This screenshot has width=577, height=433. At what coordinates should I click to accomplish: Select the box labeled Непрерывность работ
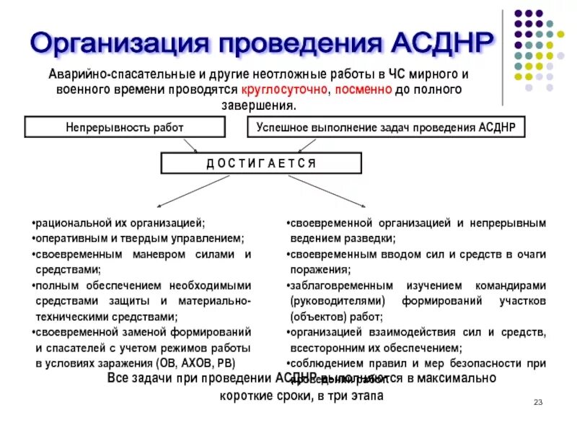125,127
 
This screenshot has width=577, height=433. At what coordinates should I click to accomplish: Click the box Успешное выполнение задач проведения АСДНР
386,127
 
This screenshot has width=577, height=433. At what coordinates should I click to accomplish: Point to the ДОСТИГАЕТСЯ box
261,163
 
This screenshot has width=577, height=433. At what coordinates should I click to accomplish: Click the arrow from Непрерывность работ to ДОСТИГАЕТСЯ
192,146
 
